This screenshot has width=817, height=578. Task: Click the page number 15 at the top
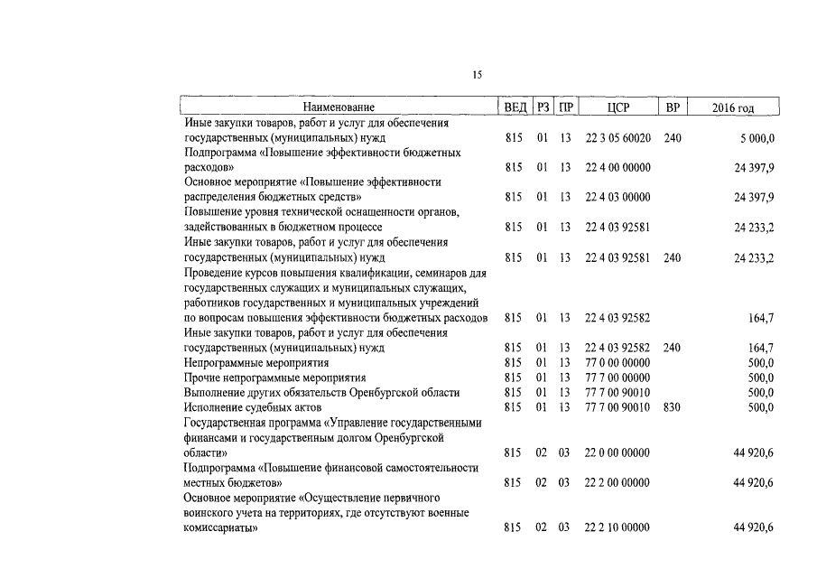point(477,76)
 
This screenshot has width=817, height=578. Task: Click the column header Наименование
point(339,107)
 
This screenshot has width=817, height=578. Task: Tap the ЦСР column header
point(618,107)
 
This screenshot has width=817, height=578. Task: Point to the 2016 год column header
point(732,107)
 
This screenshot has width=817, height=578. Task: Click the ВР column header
point(672,107)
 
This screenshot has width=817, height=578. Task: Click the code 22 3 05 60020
point(617,138)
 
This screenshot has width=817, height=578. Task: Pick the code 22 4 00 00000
point(617,167)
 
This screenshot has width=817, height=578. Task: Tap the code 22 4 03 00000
point(617,197)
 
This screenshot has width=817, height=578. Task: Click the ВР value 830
point(672,407)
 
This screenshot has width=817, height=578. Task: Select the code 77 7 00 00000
point(617,378)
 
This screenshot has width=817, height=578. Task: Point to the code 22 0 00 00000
point(617,452)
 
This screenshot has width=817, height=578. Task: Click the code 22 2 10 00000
point(617,527)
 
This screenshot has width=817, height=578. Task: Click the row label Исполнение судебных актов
point(239,407)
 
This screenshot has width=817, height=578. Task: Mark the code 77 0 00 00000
point(617,362)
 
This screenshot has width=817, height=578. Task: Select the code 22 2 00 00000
point(617,483)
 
